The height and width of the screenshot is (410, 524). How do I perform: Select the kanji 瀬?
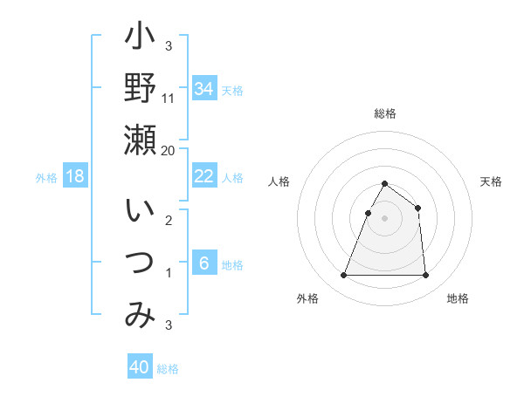[x=140, y=140]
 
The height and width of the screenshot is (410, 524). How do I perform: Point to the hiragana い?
[x=140, y=212]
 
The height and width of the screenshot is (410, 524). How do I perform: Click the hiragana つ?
[x=140, y=263]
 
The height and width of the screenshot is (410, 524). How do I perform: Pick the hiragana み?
[x=140, y=315]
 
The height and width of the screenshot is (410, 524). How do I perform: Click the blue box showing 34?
[x=204, y=88]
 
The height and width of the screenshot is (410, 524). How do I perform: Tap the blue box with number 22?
[x=204, y=176]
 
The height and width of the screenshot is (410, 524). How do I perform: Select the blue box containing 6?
[x=204, y=263]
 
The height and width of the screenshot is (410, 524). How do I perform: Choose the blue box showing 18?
[x=75, y=176]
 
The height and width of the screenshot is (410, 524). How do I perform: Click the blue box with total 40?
[x=140, y=367]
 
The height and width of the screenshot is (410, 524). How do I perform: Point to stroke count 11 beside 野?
[x=169, y=99]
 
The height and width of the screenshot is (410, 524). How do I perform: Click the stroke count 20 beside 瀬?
[x=169, y=150]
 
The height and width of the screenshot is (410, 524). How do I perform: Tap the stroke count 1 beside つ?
[x=168, y=273]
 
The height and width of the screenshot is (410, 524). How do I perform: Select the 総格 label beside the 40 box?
[x=168, y=369]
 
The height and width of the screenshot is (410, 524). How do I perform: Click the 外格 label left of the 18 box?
[x=46, y=178]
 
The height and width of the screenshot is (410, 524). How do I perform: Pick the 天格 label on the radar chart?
[x=492, y=181]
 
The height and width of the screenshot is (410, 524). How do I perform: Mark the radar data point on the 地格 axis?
[x=425, y=276]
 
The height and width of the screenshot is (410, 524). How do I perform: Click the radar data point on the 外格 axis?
[x=343, y=276]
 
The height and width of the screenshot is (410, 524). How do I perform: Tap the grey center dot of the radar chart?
[x=384, y=218]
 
